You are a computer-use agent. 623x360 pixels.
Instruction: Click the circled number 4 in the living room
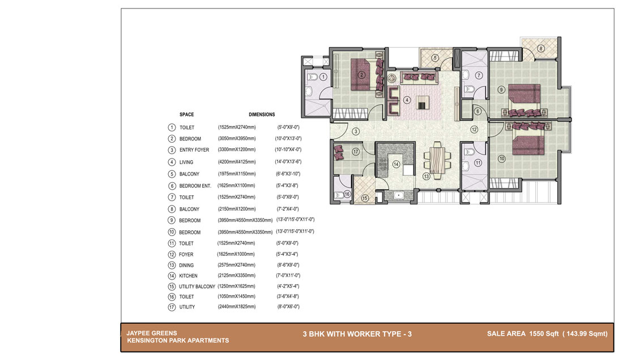tap(407, 100)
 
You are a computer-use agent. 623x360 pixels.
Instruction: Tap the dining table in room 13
tap(437, 160)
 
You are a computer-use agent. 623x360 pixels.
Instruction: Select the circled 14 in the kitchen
tap(396, 164)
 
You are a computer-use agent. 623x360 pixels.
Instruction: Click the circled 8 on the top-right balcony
tap(541, 49)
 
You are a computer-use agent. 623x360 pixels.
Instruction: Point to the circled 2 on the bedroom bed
tap(361, 75)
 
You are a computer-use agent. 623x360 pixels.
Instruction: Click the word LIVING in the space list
tap(186, 162)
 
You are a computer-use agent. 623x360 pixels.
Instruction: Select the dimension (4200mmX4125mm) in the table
tap(237, 161)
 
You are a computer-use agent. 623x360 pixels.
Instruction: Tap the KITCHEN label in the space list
tap(188, 276)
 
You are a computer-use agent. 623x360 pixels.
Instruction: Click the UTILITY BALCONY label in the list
tap(197, 286)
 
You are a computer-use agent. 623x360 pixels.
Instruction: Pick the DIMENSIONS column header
tap(262, 114)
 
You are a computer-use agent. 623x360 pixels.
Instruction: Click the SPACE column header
tap(187, 114)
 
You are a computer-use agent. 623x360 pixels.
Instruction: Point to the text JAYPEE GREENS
tap(152, 333)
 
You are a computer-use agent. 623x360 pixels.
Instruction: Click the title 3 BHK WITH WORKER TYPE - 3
tap(357, 334)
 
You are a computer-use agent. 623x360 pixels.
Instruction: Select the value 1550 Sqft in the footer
tap(544, 334)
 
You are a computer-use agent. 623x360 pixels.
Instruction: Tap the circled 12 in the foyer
tap(473, 130)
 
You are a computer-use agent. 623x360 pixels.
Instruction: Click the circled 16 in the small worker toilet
tap(347, 194)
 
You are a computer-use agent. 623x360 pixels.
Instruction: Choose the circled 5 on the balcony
tap(435, 58)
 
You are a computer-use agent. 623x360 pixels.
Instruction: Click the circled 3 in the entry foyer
tap(356, 131)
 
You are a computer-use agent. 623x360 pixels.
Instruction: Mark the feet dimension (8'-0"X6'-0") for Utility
tap(288, 306)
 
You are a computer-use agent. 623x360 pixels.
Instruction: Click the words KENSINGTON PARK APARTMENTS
tap(178, 341)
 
